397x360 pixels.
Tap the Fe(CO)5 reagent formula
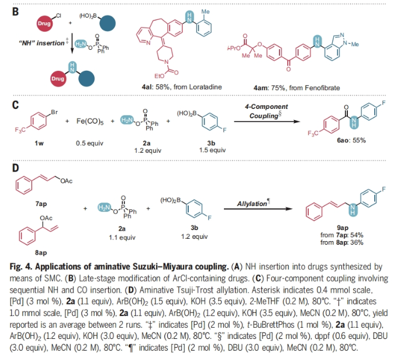91,122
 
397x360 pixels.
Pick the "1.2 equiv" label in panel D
201,236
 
